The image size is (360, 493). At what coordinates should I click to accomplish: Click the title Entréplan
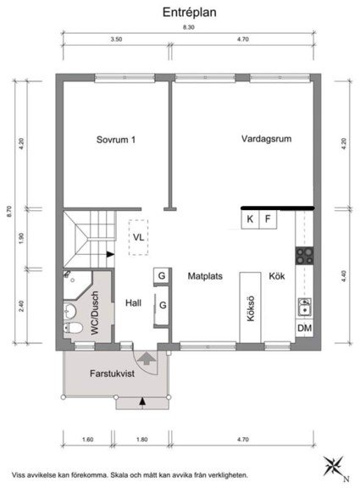coord(187,13)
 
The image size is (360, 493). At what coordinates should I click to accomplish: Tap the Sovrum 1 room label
coord(115,141)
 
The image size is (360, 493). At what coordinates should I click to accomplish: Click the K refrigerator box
coord(250,219)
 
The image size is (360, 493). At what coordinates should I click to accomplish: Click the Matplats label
coord(206,276)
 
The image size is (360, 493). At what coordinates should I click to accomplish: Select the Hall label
coord(134,302)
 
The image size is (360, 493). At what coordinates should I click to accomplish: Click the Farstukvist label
coord(114,373)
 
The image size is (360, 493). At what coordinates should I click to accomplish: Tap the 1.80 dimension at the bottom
coord(142,440)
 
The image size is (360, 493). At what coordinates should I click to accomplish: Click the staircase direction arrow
coord(110,252)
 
